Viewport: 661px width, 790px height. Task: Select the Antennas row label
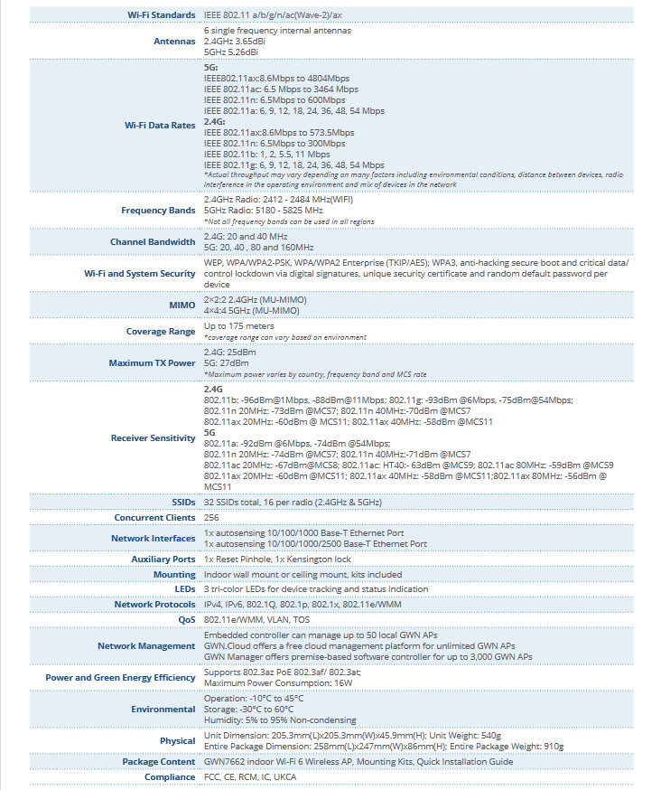[174, 42]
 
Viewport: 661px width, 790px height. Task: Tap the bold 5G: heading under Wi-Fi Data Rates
[210, 68]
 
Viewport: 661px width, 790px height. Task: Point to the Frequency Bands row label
[158, 211]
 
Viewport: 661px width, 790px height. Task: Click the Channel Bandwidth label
[153, 242]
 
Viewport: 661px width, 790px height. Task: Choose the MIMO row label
[182, 305]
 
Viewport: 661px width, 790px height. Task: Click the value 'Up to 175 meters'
[238, 326]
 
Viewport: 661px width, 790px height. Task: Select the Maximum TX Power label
[152, 363]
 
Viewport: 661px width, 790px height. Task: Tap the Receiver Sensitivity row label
[153, 438]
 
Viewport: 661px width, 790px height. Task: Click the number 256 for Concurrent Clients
[212, 518]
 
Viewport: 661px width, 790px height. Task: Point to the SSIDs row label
[183, 502]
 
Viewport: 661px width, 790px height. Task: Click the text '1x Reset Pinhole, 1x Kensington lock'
[277, 560]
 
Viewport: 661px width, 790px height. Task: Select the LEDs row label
[184, 589]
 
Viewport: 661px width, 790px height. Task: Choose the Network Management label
[146, 646]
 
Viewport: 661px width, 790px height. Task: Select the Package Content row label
[158, 762]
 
